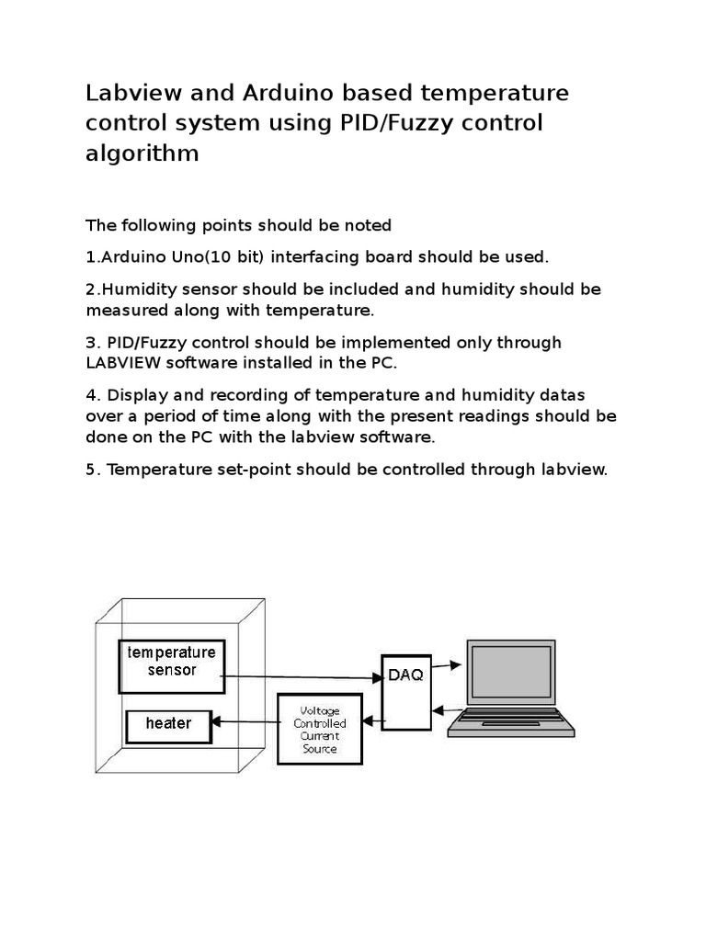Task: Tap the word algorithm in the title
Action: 142,153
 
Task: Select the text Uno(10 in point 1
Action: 186,255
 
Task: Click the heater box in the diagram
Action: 169,724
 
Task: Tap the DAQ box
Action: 405,690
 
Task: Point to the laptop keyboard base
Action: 510,724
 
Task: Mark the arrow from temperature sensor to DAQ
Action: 303,677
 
